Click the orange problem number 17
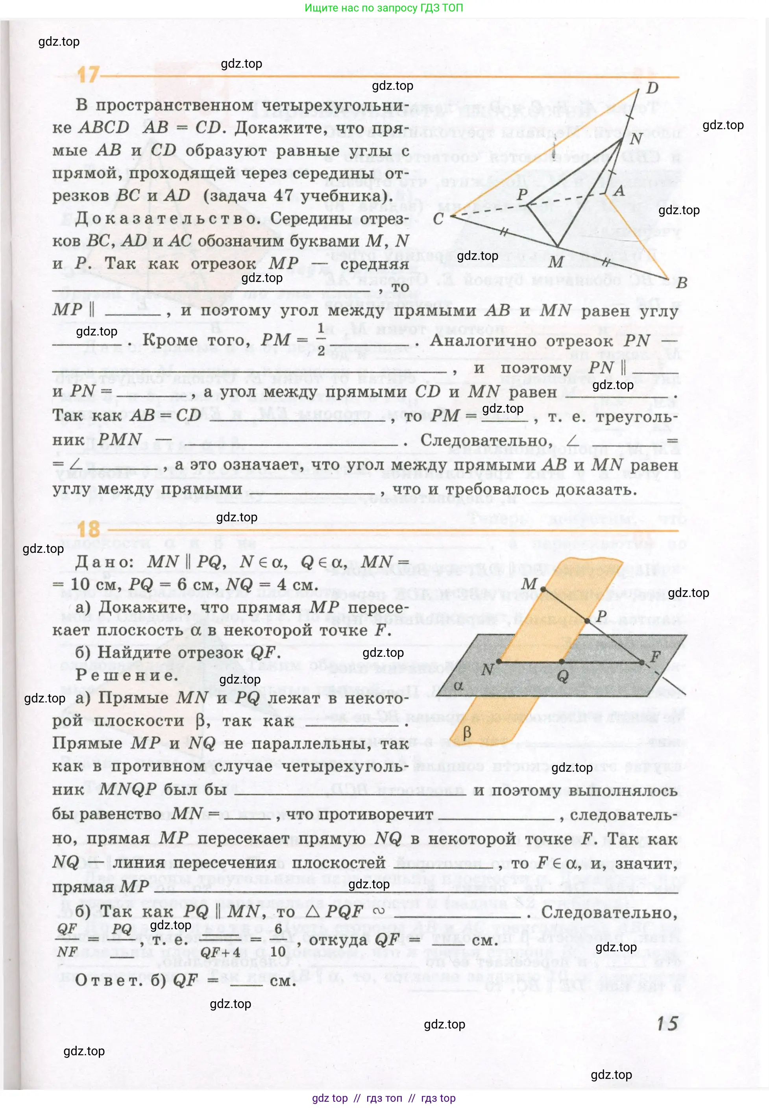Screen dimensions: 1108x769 tap(88, 75)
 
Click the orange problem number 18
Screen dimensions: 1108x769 tap(89, 530)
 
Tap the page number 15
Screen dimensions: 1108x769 tap(667, 1024)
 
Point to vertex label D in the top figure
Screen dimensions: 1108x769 tap(652, 88)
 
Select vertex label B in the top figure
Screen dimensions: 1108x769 tap(681, 282)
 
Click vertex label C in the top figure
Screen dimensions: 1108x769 tap(438, 219)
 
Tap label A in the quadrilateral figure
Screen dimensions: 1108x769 tap(619, 191)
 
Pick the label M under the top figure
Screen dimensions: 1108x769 tap(556, 262)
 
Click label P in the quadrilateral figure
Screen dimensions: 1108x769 tap(522, 195)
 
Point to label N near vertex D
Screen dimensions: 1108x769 tap(636, 139)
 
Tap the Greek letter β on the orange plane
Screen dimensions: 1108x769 tap(466, 732)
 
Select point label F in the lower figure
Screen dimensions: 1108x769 tap(655, 656)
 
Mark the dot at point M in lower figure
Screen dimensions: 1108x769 tap(543, 589)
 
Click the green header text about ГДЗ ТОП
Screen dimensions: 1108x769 tap(384, 8)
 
